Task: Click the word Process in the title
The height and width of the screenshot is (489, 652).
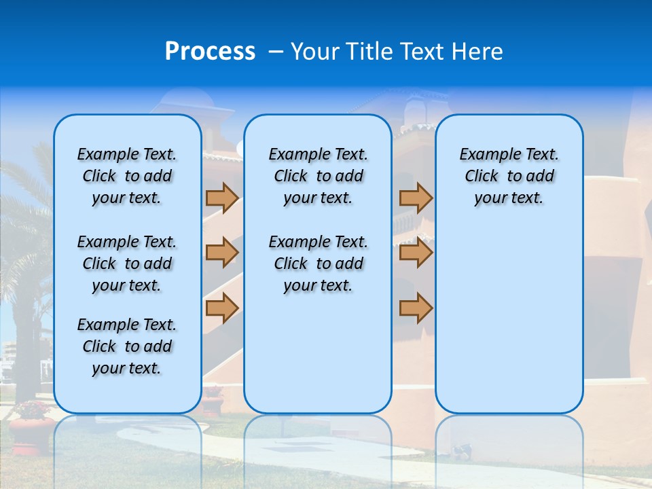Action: (210, 51)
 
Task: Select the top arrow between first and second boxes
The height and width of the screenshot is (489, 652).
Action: (222, 198)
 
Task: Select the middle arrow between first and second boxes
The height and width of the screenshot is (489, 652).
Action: (222, 253)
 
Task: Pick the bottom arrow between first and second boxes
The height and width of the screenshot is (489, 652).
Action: (222, 308)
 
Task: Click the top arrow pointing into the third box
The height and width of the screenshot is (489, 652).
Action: (416, 198)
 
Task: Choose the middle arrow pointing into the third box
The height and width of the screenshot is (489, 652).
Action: (416, 253)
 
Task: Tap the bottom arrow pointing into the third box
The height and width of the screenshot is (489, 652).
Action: (416, 308)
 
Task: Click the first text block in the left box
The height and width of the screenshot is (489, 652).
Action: (127, 176)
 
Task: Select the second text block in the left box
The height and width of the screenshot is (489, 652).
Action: (127, 264)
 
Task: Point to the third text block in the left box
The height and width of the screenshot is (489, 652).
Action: (127, 346)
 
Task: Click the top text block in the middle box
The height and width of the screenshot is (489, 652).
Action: (318, 176)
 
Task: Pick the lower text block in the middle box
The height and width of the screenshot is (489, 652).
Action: (318, 264)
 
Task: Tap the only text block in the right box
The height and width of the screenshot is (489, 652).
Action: (509, 176)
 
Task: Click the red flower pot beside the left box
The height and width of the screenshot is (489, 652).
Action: (31, 431)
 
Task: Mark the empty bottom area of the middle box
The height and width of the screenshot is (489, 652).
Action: (318, 360)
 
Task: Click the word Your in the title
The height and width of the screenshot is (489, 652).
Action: (316, 51)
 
